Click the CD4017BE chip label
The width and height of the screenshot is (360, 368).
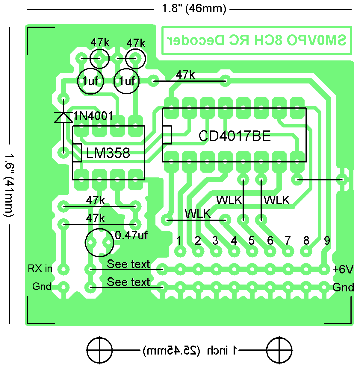tap(235, 136)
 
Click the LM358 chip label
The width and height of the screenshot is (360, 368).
tap(108, 153)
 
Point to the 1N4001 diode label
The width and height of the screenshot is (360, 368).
tap(93, 116)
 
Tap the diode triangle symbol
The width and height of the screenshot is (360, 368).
tap(63, 117)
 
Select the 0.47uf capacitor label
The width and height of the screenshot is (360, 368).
tap(131, 235)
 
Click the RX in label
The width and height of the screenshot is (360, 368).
tap(40, 268)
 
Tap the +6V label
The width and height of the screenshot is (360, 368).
tap(343, 269)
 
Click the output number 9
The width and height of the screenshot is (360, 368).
tap(327, 240)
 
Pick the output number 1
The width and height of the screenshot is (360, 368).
tap(179, 240)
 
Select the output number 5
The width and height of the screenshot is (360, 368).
tap(252, 240)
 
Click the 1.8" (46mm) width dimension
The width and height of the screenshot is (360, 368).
tap(194, 9)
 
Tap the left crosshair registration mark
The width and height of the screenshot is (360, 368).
tap(99, 350)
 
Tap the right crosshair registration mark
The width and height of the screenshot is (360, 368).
tap(279, 350)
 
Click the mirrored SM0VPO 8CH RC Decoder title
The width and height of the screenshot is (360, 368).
tap(256, 40)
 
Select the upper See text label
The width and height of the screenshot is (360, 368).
tap(128, 264)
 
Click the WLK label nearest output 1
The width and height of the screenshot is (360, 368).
tap(198, 214)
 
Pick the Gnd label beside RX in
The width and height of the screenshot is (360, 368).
tap(42, 286)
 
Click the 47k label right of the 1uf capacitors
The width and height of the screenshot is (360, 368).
tap(185, 74)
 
